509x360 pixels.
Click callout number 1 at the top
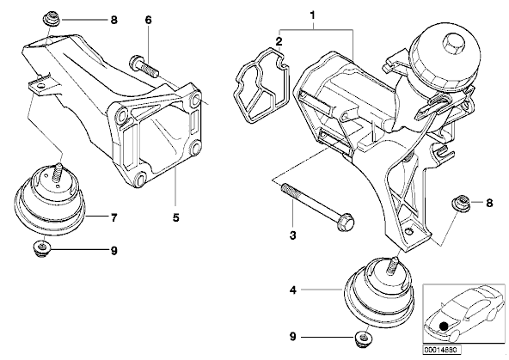[x=313, y=15]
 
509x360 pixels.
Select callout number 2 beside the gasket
[x=279, y=41]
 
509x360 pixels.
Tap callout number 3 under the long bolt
[x=293, y=235]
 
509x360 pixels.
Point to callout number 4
[x=293, y=290]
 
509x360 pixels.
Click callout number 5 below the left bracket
[x=176, y=217]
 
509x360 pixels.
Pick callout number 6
[x=148, y=20]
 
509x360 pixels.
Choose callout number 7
[x=113, y=218]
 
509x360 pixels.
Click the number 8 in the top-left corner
[x=113, y=20]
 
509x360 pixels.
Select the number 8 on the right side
[x=489, y=204]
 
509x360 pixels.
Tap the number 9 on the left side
[x=114, y=251]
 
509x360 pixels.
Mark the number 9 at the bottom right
[x=293, y=338]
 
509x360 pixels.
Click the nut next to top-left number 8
[x=51, y=18]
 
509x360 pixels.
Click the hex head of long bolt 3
[x=346, y=223]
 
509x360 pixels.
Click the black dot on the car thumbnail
[x=443, y=326]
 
